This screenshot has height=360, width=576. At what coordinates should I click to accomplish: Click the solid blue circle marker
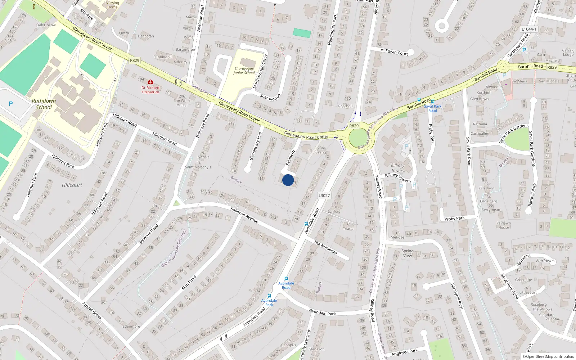[x=288, y=180]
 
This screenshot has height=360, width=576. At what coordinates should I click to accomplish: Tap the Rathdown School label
[x=44, y=104]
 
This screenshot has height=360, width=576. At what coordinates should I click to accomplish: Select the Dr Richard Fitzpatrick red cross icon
[x=150, y=82]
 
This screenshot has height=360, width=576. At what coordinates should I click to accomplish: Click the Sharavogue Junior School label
[x=244, y=71]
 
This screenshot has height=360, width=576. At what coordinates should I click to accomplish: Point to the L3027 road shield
[x=324, y=195]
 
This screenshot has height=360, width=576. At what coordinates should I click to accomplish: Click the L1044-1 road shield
[x=529, y=29]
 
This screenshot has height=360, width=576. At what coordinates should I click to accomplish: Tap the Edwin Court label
[x=397, y=53]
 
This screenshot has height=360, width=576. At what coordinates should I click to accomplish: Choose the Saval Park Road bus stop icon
[x=432, y=102]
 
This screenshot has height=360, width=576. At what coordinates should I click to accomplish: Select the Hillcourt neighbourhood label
[x=72, y=185]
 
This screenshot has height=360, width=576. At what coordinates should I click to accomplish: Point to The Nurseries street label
[x=325, y=247]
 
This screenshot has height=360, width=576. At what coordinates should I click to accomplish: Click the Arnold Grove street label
[x=92, y=311]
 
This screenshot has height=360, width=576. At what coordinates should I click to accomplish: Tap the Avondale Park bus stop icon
[x=269, y=296]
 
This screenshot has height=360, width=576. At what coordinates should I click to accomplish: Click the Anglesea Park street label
[x=405, y=352]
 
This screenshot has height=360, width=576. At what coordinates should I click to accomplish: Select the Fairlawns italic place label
[x=545, y=261]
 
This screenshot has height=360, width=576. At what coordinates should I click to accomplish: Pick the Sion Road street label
[x=189, y=283]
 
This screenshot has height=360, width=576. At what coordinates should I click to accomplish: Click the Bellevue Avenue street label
[x=244, y=215]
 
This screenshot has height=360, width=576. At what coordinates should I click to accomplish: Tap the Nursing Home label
[x=112, y=5]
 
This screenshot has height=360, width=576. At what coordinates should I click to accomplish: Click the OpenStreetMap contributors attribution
[x=548, y=356]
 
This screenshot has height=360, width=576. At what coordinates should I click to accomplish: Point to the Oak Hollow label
[x=46, y=25]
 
